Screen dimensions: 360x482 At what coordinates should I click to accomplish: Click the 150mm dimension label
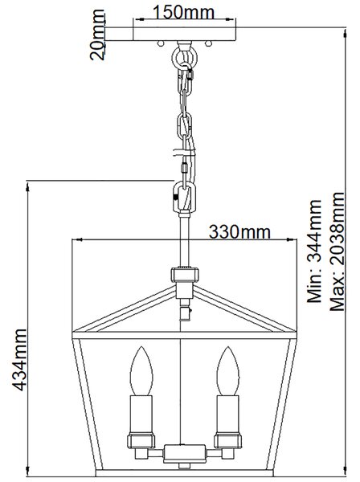pyautogui.click(x=183, y=13)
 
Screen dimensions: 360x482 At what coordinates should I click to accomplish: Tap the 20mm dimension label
pyautogui.click(x=97, y=35)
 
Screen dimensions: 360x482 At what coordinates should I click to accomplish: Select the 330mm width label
pyautogui.click(x=239, y=232)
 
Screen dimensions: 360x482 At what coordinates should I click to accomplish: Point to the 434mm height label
pyautogui.click(x=19, y=360)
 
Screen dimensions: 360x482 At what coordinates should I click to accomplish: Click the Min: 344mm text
pyautogui.click(x=314, y=251)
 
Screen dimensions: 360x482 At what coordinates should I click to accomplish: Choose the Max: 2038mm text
pyautogui.click(x=337, y=251)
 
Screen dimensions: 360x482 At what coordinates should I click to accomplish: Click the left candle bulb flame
pyautogui.click(x=141, y=371)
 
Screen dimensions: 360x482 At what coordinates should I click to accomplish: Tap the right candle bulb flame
pyautogui.click(x=227, y=371)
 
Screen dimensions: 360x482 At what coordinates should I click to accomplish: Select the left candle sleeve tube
pyautogui.click(x=141, y=414)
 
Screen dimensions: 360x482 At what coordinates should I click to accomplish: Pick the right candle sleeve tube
pyautogui.click(x=227, y=414)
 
